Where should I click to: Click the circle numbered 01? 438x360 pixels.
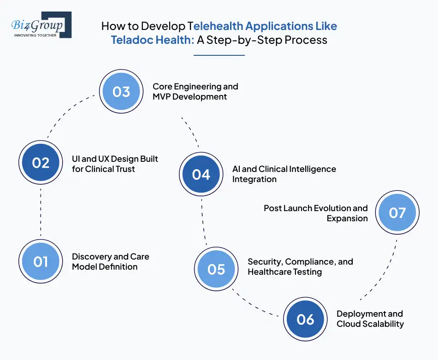[41, 262]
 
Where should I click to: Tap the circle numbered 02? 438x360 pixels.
[41, 163]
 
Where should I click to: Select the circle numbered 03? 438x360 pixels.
[121, 92]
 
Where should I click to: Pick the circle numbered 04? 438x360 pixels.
[201, 174]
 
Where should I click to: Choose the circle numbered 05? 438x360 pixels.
[216, 269]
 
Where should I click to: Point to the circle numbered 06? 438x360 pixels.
[305, 319]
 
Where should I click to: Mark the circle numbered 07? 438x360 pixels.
[397, 212]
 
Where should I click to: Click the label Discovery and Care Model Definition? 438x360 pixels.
[111, 261]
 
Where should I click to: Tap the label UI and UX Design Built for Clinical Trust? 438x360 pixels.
[115, 164]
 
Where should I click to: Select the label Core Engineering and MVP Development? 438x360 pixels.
[195, 91]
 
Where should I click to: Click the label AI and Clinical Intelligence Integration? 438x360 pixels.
[284, 174]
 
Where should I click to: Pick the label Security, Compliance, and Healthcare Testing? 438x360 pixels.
[300, 266]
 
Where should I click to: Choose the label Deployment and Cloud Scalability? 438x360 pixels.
[370, 319]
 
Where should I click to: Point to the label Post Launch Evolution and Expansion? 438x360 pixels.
[316, 213]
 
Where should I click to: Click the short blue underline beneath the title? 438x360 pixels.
[219, 55]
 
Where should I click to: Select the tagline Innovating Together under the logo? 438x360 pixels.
[35, 35]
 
